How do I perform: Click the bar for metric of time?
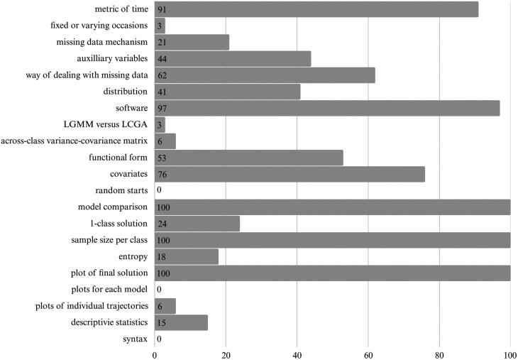316,9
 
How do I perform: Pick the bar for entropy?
187,256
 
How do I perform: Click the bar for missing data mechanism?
192,43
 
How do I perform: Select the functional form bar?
248,158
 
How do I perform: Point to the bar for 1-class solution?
197,223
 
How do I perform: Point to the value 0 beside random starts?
159,190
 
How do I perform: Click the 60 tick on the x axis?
368,352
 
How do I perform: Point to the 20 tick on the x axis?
226,352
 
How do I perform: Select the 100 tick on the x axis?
509,352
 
